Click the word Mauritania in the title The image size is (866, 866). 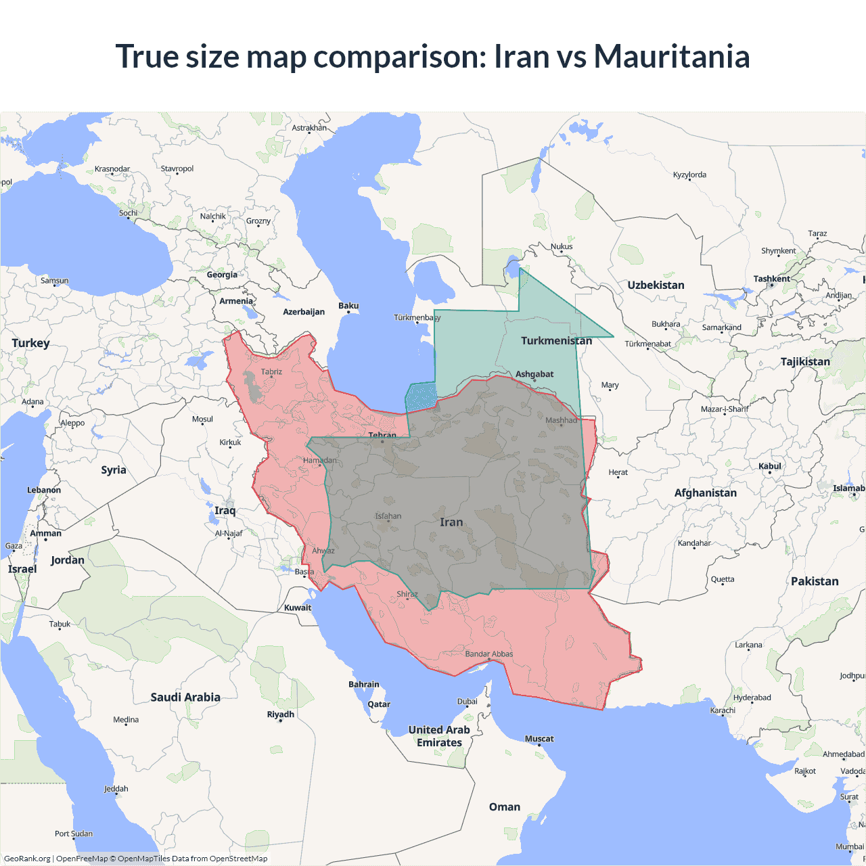coord(671,56)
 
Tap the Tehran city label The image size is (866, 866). coord(382,435)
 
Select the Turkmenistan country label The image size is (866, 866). coord(556,340)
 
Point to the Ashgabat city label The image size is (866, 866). coord(534,373)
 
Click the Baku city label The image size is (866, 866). coord(348,306)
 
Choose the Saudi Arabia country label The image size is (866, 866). coord(185,697)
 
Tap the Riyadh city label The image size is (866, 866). coord(280,714)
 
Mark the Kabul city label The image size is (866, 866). coord(770,466)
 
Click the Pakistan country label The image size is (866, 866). coord(815,581)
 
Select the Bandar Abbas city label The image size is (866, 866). coord(489,654)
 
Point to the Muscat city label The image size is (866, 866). coord(539,739)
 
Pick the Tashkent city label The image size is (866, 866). coord(771,279)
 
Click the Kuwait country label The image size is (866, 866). coord(298,608)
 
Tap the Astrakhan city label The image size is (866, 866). coord(309,128)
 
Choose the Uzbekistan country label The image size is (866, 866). coord(656,285)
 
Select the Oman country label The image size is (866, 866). coord(505,806)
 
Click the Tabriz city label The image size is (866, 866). coord(271,371)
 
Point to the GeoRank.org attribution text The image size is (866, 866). coord(27,859)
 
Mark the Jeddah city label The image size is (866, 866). coord(116,789)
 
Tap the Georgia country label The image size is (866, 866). coord(222,275)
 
